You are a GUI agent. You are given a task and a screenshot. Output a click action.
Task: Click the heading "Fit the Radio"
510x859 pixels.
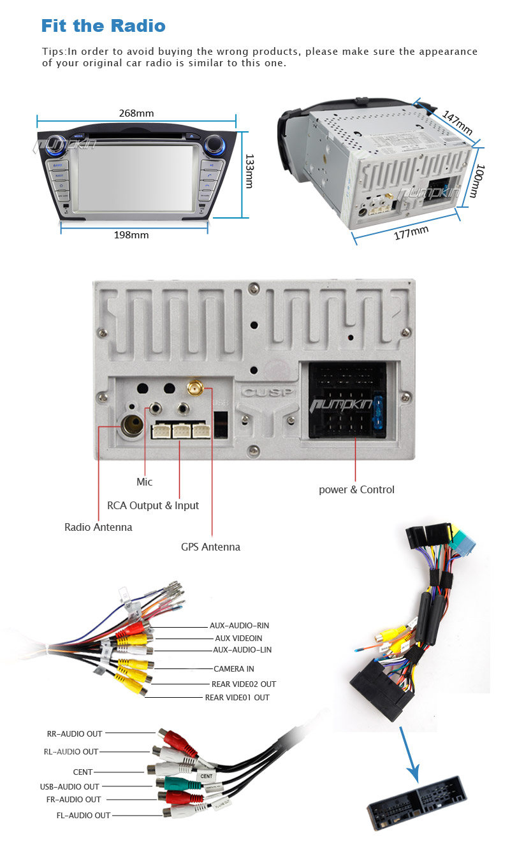coord(103,26)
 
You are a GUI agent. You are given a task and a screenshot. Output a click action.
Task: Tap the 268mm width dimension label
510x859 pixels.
coord(136,113)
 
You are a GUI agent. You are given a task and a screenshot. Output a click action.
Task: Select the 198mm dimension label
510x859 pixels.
coord(131,235)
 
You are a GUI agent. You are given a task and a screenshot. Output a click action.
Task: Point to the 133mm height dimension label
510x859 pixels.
coord(250,171)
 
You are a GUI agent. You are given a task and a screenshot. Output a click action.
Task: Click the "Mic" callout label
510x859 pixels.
coord(145,482)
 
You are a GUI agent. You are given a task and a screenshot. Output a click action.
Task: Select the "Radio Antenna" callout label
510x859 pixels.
coord(98,527)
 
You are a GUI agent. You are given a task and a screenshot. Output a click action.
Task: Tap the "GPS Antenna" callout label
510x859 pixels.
coord(210,547)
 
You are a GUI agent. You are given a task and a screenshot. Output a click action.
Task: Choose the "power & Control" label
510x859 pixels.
coord(356,489)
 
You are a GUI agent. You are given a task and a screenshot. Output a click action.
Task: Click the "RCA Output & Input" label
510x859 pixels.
coord(153,505)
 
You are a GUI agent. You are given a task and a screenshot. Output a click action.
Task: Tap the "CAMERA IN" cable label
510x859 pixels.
coord(233,668)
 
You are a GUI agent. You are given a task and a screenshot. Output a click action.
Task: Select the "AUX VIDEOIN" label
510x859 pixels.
coord(238,638)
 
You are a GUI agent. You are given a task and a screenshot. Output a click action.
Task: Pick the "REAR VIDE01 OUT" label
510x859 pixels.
coord(237,697)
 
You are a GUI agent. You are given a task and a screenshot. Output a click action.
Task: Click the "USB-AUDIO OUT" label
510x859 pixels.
coord(69,786)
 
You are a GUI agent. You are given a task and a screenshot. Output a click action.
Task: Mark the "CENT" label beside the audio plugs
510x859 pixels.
coord(83,772)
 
